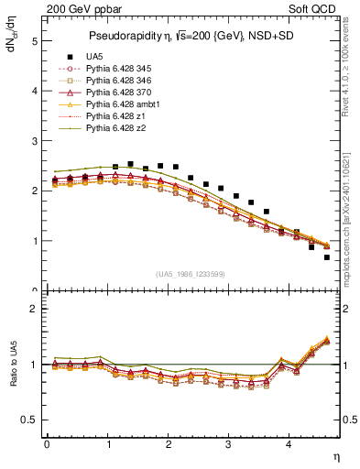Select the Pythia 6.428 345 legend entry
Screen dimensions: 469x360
coord(121,69)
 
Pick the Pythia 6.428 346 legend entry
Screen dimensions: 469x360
coord(121,81)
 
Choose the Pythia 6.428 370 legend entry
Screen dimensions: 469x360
coord(121,93)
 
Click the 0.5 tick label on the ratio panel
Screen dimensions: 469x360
coord(29,420)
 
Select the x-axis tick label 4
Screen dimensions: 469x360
coord(289,444)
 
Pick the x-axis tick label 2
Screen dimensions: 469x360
coord(168,444)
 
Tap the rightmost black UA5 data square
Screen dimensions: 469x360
coord(326,257)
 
